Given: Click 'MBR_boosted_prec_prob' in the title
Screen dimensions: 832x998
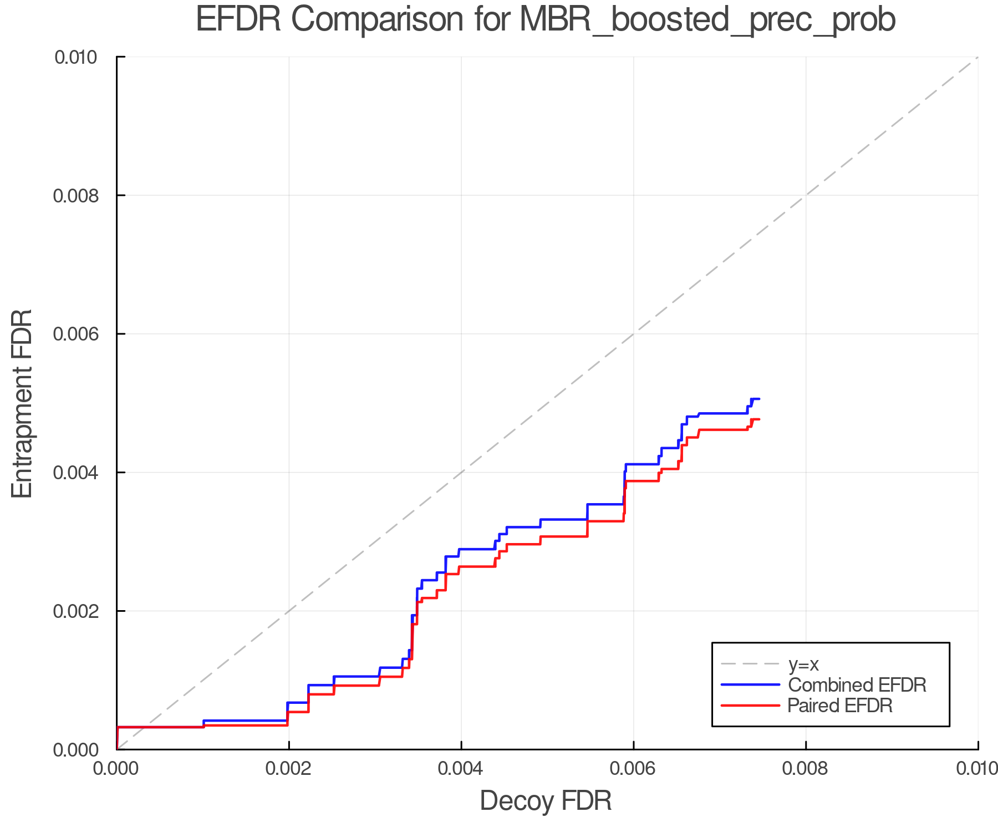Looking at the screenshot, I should pyautogui.click(x=707, y=21).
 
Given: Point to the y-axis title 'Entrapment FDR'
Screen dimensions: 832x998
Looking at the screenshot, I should pyautogui.click(x=23, y=403).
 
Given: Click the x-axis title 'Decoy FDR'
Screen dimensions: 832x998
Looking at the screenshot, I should pyautogui.click(x=546, y=801).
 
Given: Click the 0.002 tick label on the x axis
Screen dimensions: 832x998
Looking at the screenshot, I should pyautogui.click(x=289, y=768).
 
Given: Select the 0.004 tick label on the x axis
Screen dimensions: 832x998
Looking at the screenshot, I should pyautogui.click(x=461, y=768).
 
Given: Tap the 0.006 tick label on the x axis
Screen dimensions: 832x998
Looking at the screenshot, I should pyautogui.click(x=633, y=768).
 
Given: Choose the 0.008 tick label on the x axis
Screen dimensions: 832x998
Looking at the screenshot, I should pyautogui.click(x=806, y=768).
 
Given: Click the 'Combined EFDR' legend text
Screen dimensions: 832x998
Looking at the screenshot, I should pyautogui.click(x=857, y=685).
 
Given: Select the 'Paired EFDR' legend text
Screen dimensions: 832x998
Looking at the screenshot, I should pyautogui.click(x=840, y=706).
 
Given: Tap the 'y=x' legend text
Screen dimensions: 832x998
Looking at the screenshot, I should pyautogui.click(x=803, y=664).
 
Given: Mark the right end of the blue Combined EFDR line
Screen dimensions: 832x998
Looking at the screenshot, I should pyautogui.click(x=759, y=399).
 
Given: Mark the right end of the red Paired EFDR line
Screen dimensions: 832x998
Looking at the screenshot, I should pyautogui.click(x=759, y=419).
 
